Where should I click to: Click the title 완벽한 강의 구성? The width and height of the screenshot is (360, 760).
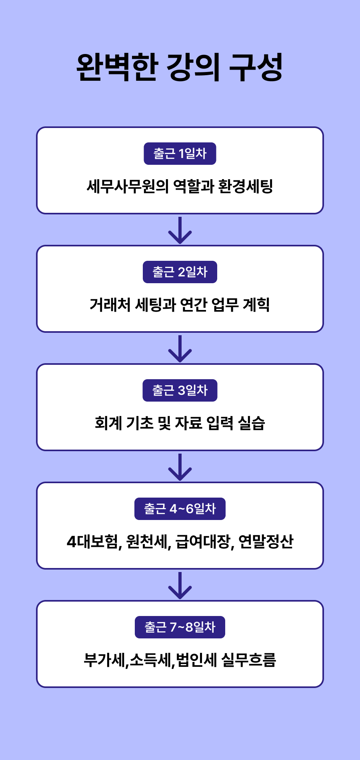180,67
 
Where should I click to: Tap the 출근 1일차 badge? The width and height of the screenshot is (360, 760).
180,154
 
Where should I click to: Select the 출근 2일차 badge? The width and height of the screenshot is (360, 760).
180,272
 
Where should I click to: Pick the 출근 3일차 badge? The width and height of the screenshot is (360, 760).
180,390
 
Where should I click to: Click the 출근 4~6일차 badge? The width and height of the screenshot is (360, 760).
180,509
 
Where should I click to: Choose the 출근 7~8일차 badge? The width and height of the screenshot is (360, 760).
180,627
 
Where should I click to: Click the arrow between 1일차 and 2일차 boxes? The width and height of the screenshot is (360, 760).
180,230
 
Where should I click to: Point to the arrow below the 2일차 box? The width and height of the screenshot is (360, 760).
180,349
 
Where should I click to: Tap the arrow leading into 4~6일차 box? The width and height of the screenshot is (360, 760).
180,467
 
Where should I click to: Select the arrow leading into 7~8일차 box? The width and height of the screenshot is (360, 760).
180,586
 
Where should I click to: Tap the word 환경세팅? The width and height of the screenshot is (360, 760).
246,186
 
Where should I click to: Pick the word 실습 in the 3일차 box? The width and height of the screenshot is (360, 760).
252,423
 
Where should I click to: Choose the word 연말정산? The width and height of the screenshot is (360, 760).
266,542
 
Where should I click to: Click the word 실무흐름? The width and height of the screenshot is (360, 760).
248,660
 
